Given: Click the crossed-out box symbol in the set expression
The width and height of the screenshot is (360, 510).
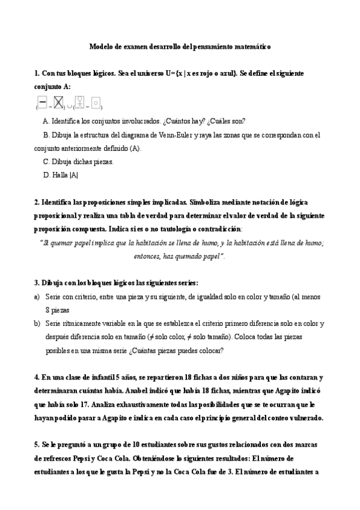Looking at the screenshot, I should coord(58,104).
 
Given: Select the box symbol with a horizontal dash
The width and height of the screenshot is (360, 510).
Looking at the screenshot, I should coord(43,104).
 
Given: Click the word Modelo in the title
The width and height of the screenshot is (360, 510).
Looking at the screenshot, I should coord(100,46).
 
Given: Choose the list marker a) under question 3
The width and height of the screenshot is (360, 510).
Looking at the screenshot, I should coord(37,296).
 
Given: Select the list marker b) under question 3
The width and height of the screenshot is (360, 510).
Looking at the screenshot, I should coord(37,324).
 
